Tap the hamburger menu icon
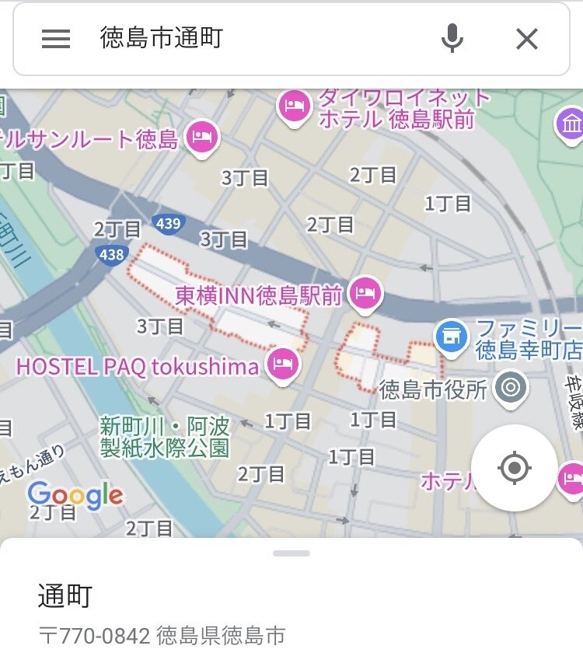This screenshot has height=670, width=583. point(56,39)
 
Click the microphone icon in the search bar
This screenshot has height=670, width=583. point(452,38)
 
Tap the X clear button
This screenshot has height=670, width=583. point(527,39)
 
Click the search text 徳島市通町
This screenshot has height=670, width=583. point(162,38)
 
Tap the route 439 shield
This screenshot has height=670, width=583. point(168,224)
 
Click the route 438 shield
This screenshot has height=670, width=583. point(112,253)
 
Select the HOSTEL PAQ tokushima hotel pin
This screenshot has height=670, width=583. point(282,363)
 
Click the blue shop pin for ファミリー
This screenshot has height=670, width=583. point(452,336)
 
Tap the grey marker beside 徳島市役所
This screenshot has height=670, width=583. point(511,386)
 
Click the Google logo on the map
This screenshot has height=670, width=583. point(75,494)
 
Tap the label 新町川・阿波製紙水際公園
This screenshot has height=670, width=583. point(165,437)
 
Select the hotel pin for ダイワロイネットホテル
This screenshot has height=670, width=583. point(295,105)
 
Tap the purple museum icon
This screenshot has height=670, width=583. point(571,123)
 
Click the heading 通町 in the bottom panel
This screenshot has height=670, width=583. point(65,596)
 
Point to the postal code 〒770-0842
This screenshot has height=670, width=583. point(94,636)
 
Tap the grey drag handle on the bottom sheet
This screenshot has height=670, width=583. point(291,553)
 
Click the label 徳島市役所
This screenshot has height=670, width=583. point(433,388)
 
